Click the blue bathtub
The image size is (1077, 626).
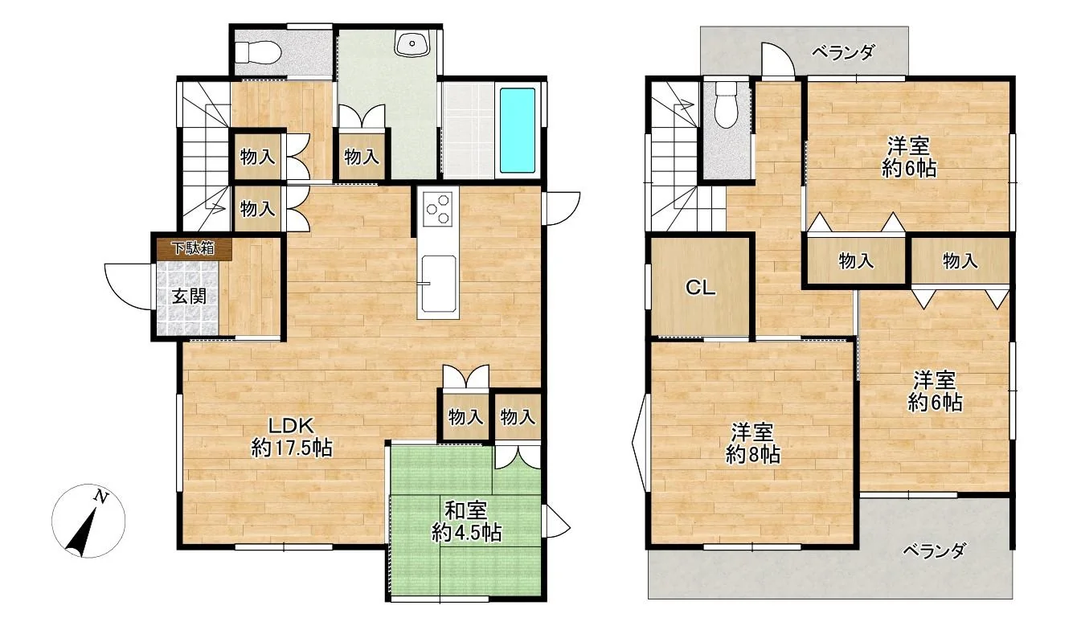click(518, 130)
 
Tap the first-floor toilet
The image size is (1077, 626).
click(257, 51)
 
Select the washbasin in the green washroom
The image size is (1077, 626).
click(412, 43)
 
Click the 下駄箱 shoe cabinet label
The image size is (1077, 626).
click(194, 248)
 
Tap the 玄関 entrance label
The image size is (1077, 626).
click(190, 297)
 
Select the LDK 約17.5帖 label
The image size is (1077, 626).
click(292, 437)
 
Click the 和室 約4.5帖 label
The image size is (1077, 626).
click(466, 522)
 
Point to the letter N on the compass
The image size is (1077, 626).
click(100, 496)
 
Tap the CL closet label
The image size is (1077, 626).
click(700, 288)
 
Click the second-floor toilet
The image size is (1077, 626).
click(725, 104)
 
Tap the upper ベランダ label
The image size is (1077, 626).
click(843, 52)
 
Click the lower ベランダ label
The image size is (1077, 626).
click(933, 550)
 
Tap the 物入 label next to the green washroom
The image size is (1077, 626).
click(362, 156)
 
